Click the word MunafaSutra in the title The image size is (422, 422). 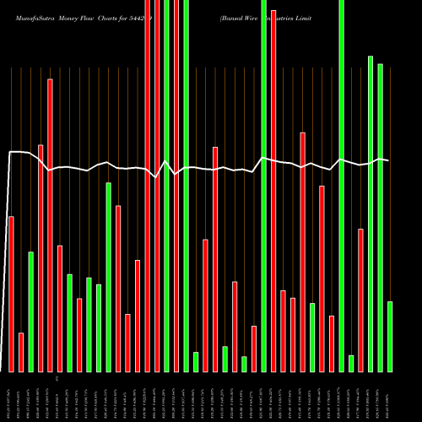point(29,17)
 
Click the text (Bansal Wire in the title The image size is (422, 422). point(237,17)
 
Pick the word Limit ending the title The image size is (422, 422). point(311,17)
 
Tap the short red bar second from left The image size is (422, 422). point(21,352)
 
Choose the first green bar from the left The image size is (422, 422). point(30,311)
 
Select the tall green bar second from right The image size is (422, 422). point(380,217)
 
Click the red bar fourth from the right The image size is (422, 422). point(360,300)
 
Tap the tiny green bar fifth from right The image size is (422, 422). point(351,363)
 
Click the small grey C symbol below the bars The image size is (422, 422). point(58,381)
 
